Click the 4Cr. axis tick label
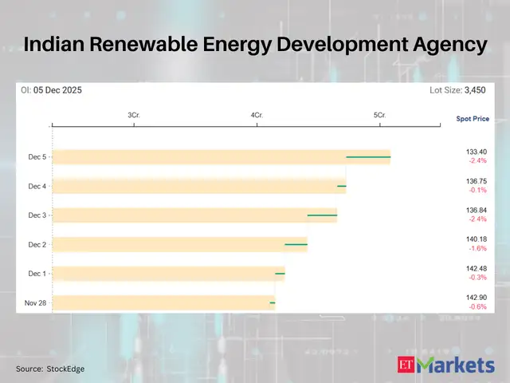257,116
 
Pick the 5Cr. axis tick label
379,116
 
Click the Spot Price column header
473,119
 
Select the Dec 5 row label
37,157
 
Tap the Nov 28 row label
35,302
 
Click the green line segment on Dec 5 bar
368,157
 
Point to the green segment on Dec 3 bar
322,215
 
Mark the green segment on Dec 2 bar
296,244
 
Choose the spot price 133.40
477,152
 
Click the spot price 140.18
477,239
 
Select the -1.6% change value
477,248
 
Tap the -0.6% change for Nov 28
477,306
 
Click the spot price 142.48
477,268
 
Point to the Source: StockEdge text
50,369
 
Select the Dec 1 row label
37,274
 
